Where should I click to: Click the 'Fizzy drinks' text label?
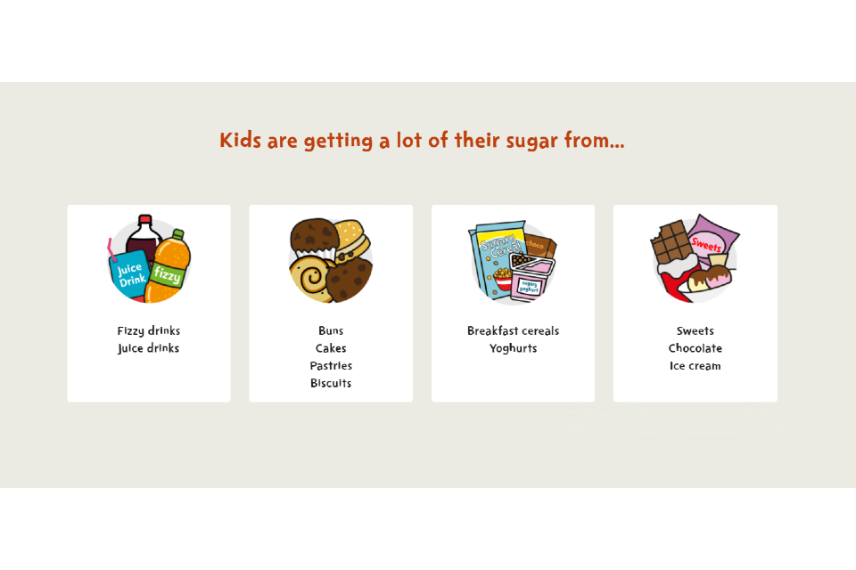pyautogui.click(x=149, y=331)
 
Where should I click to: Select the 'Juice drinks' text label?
pyautogui.click(x=149, y=348)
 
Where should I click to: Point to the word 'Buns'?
pyautogui.click(x=331, y=331)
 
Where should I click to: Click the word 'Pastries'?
pyautogui.click(x=331, y=366)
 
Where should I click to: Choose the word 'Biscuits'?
pyautogui.click(x=331, y=383)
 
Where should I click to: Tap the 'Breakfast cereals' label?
pyautogui.click(x=513, y=331)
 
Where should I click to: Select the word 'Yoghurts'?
pyautogui.click(x=513, y=348)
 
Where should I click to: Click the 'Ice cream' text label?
pyautogui.click(x=695, y=366)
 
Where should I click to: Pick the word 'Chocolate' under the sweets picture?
pyautogui.click(x=695, y=348)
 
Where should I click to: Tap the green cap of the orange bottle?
pyautogui.click(x=177, y=234)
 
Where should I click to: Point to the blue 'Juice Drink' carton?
pyautogui.click(x=131, y=273)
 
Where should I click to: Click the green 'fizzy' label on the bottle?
pyautogui.click(x=167, y=273)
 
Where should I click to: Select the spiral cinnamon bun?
pyautogui.click(x=310, y=277)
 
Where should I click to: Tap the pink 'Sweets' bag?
pyautogui.click(x=710, y=240)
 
